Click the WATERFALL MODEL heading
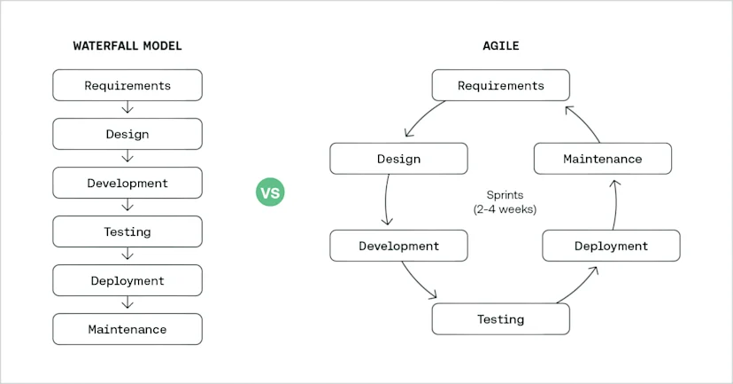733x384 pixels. click(x=127, y=46)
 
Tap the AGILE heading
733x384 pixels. click(x=501, y=46)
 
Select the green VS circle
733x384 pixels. click(x=270, y=192)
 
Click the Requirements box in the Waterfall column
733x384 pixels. click(x=127, y=85)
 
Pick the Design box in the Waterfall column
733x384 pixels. click(x=127, y=134)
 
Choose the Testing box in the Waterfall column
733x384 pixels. click(x=127, y=231)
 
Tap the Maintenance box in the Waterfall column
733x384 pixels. click(x=127, y=329)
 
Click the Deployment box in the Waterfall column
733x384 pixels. click(x=127, y=280)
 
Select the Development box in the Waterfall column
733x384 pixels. click(x=127, y=183)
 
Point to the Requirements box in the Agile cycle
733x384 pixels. click(x=501, y=85)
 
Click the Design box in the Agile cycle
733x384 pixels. click(x=398, y=159)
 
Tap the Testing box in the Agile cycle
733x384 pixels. click(x=501, y=319)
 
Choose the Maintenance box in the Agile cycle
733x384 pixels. click(x=603, y=159)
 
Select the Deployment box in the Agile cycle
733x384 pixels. click(x=611, y=246)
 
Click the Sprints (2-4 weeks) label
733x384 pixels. click(x=505, y=202)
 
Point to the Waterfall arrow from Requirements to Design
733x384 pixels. click(x=127, y=107)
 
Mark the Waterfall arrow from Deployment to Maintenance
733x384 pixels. click(x=127, y=302)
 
